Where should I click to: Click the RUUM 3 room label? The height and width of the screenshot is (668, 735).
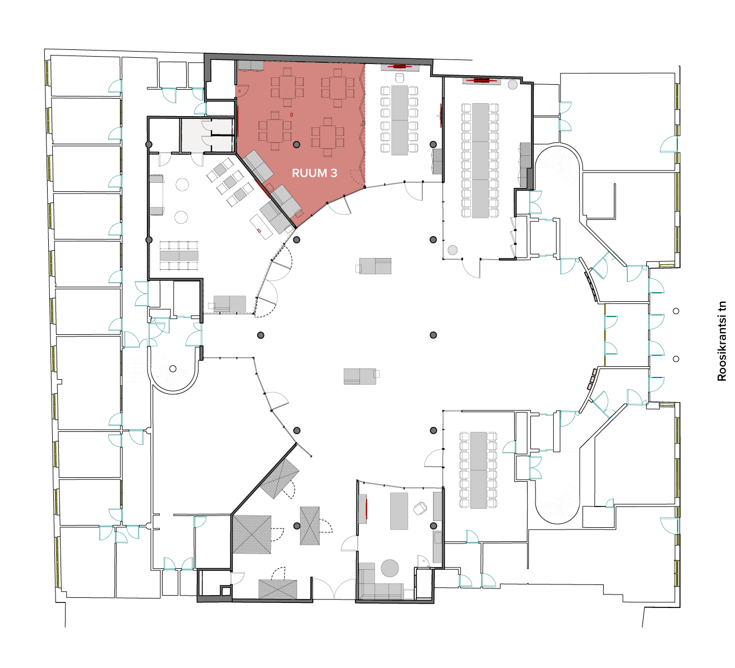pos(315,173)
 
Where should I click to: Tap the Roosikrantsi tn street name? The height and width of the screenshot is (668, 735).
pos(722,341)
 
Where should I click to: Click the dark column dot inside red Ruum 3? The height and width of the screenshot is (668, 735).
pos(297,145)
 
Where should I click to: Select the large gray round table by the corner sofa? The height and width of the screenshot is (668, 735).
pos(390,568)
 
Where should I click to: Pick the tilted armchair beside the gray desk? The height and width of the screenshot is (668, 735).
pos(420,508)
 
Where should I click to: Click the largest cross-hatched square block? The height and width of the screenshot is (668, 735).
pos(252,535)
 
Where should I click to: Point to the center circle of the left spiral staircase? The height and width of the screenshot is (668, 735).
pos(173,368)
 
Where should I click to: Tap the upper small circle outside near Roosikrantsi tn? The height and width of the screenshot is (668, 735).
pos(676,311)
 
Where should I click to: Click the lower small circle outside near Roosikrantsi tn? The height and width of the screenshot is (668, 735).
pos(676,359)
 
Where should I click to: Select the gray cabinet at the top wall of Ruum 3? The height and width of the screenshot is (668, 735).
pos(251,66)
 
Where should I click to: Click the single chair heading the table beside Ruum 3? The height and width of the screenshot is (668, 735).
pos(399,78)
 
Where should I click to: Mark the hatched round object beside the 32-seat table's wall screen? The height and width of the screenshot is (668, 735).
pos(512,85)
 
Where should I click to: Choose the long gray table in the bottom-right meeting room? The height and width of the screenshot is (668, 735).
pos(478,470)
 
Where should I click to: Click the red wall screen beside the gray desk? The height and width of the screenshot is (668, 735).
pos(367,509)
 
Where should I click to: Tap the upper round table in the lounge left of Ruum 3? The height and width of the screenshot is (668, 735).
pos(182,185)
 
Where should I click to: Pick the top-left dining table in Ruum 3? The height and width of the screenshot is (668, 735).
pos(287,87)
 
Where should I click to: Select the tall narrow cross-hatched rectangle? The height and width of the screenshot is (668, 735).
pos(309,526)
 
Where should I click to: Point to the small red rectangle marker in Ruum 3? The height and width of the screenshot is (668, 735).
pos(292,115)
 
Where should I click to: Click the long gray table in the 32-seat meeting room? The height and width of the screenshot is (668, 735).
pos(480,160)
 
